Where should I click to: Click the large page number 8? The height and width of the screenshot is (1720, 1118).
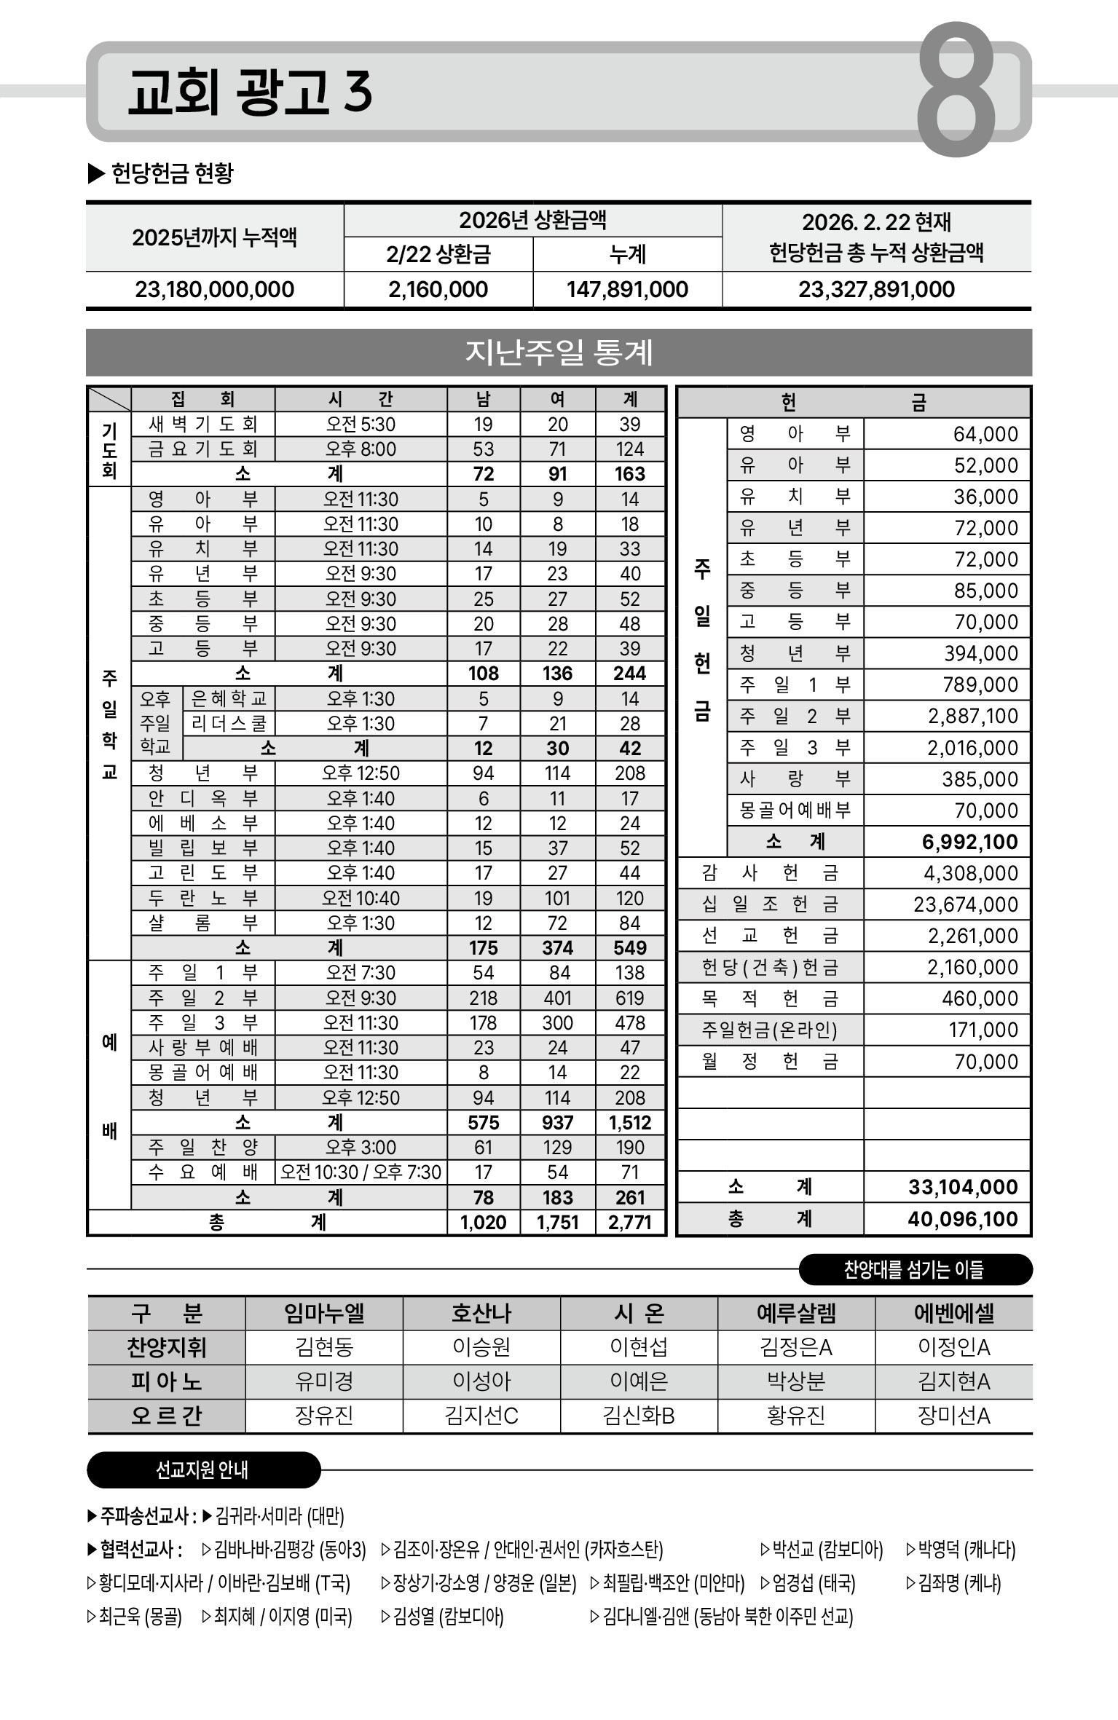956,89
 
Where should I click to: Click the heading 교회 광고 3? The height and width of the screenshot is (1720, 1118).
250,92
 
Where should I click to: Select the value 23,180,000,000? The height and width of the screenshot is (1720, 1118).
215,290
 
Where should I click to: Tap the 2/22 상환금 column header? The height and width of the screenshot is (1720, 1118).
438,254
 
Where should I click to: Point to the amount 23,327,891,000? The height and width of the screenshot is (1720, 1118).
876,290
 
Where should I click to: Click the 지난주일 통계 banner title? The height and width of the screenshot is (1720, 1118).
559,352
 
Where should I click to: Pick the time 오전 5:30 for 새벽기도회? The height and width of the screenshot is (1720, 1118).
361,425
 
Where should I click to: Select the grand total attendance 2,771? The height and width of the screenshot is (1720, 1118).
630,1222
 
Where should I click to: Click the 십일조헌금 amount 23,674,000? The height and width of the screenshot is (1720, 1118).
966,904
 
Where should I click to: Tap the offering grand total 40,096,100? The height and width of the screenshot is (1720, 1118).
963,1219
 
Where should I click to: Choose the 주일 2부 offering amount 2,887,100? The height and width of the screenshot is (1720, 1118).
973,717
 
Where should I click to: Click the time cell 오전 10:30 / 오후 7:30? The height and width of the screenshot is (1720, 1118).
361,1172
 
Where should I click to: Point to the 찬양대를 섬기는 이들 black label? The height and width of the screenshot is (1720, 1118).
914,1270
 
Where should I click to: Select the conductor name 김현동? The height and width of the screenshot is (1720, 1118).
324,1348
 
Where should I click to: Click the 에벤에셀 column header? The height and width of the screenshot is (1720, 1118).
953,1314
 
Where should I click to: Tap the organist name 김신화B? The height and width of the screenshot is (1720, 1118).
639,1416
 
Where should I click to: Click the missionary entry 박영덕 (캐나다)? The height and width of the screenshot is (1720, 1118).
961,1550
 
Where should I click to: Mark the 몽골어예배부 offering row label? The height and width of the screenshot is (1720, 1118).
795,810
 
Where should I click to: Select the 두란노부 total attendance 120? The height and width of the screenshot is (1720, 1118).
630,899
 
